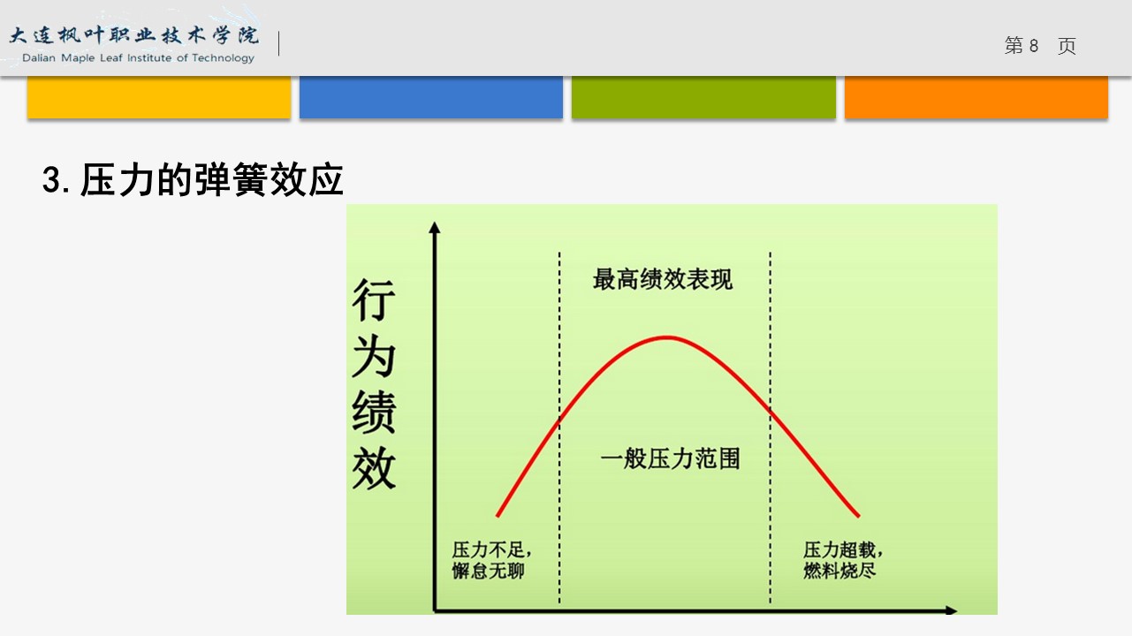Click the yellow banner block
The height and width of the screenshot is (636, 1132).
click(159, 97)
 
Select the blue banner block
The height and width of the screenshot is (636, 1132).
click(431, 97)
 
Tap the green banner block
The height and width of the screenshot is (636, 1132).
click(703, 97)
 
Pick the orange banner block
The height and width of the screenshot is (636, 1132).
click(976, 97)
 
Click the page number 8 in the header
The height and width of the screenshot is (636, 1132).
click(1034, 46)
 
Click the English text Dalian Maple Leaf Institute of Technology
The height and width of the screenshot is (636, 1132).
click(138, 58)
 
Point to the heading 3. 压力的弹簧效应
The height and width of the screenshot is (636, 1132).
click(193, 180)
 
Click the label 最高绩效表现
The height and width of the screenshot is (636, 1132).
click(663, 279)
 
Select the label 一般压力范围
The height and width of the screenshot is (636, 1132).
click(670, 458)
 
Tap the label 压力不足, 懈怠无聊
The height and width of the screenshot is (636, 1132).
click(491, 560)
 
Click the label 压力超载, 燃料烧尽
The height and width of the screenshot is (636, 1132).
click(843, 560)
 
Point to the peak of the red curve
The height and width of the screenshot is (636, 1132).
click(667, 337)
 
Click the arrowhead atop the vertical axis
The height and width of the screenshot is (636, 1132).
click(435, 227)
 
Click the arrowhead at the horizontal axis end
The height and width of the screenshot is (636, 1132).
click(951, 610)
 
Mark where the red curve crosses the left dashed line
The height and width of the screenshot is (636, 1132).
click(559, 419)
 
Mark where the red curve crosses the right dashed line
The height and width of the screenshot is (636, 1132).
click(771, 410)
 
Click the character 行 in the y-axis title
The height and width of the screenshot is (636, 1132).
click(374, 299)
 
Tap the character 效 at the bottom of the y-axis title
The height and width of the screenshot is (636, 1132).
click(374, 468)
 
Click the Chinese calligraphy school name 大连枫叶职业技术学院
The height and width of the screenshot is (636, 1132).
click(134, 35)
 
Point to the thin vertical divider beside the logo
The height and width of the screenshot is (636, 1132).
click(279, 43)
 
